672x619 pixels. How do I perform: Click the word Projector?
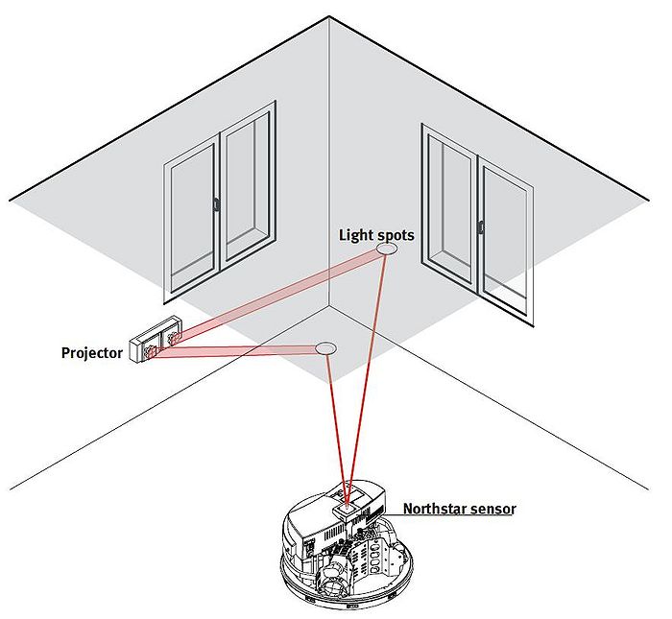pos(91,353)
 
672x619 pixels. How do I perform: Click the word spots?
pos(393,235)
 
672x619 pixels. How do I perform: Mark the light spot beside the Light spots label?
pos(387,249)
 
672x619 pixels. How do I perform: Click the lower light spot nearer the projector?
pos(326,346)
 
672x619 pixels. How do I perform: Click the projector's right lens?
pos(174,337)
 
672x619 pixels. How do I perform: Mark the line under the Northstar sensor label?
pos(458,517)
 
